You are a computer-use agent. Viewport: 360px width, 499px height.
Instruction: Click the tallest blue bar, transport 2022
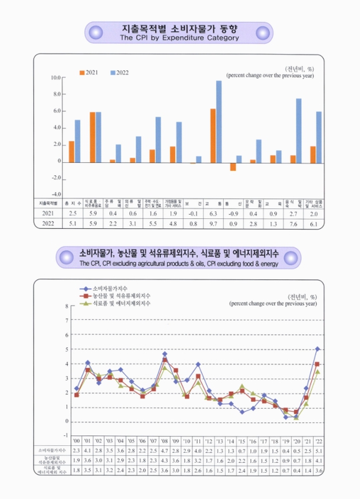219,121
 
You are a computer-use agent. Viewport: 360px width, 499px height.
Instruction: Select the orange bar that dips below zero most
233,166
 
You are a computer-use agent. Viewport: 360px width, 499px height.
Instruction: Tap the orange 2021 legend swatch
81,73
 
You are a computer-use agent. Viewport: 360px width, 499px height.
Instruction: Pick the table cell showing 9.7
213,223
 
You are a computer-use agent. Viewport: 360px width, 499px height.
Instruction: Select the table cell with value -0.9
228,213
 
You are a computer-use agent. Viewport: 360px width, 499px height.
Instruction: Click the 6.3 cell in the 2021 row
213,213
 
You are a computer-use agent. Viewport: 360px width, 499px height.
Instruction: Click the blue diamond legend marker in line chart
85,289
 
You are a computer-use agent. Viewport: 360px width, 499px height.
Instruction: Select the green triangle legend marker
85,304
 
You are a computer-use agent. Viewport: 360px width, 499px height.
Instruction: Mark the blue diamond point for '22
318,349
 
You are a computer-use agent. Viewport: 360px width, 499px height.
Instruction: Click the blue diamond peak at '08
165,354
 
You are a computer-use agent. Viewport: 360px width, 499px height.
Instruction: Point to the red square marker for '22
318,364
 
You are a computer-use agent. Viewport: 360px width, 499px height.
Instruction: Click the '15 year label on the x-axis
241,439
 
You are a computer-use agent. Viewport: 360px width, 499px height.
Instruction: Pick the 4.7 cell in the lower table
165,449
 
